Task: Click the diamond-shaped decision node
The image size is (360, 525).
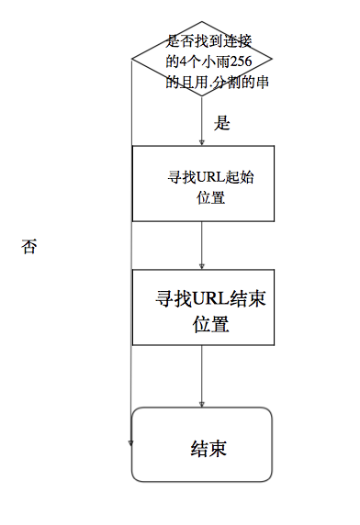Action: (x=202, y=61)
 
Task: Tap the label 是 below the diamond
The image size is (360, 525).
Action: (x=220, y=122)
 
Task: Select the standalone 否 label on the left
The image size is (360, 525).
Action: (x=28, y=247)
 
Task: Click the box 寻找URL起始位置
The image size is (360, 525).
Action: (x=202, y=184)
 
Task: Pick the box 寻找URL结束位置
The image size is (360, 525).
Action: (x=202, y=307)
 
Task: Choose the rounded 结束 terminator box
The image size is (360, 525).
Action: (x=202, y=444)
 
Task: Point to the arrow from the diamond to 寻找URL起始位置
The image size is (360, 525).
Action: (x=202, y=124)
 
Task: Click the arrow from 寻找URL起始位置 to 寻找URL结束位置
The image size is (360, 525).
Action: (x=202, y=244)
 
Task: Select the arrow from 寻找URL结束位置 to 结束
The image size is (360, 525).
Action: (x=202, y=376)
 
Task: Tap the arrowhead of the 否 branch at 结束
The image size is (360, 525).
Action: (x=132, y=441)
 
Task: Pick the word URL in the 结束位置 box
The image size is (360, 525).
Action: (x=210, y=299)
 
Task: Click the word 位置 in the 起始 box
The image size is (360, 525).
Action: (x=210, y=197)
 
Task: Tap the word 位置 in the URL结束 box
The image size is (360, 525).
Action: (x=210, y=324)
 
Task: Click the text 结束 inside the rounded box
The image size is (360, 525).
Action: (x=208, y=449)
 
